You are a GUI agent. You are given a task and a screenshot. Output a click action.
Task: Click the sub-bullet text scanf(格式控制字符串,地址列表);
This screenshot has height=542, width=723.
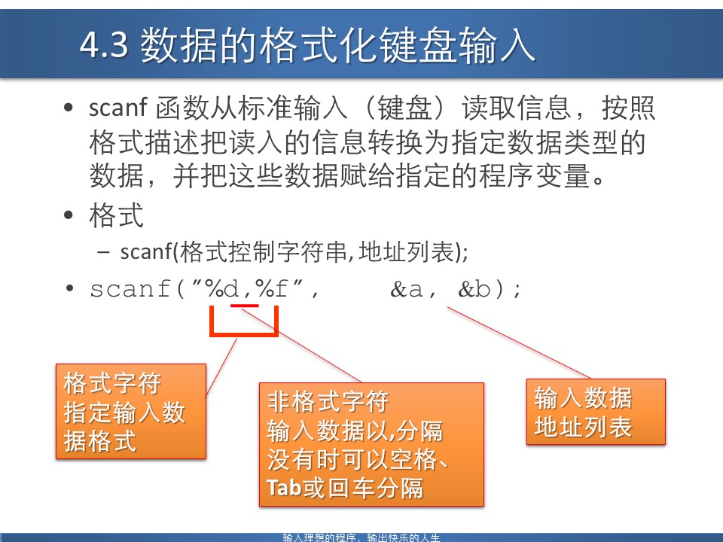coord(294,252)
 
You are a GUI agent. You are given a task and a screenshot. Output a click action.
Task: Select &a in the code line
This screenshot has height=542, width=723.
coord(406,289)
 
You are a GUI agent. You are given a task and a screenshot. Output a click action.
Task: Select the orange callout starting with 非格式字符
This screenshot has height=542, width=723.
coord(371,444)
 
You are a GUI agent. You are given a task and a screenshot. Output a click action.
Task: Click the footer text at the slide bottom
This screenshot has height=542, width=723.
coord(361,537)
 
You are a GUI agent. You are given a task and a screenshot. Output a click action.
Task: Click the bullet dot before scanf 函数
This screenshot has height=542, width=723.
coord(69,109)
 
